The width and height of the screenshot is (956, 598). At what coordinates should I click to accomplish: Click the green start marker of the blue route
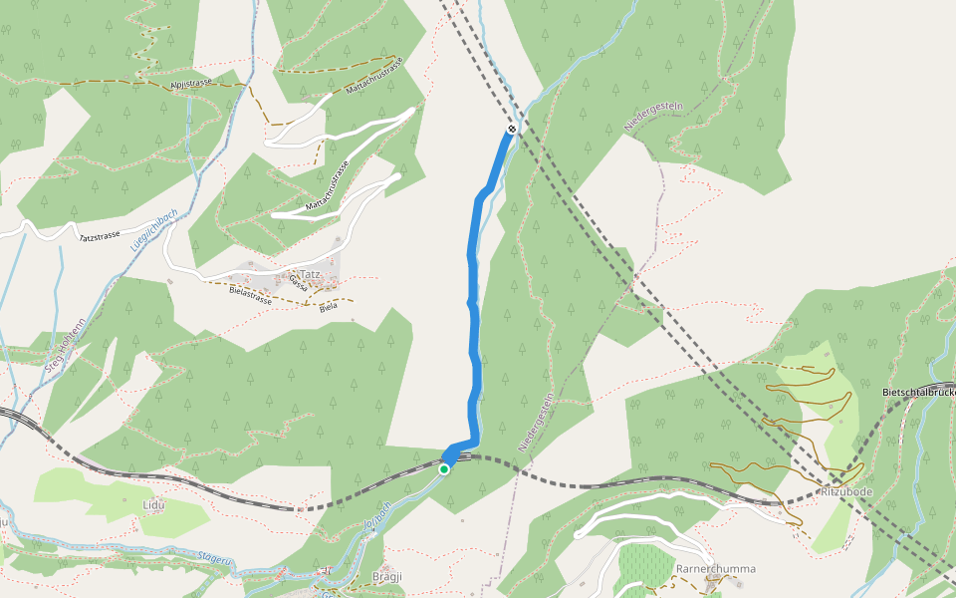(x=444, y=468)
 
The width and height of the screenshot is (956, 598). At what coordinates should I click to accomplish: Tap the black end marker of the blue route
(x=512, y=130)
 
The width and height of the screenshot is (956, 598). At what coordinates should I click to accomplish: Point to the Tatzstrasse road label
(x=100, y=236)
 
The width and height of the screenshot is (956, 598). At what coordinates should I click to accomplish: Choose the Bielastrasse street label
(x=250, y=296)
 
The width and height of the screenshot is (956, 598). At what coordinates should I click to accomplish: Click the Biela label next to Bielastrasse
(x=328, y=305)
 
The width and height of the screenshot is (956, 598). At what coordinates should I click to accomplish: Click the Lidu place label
(x=153, y=505)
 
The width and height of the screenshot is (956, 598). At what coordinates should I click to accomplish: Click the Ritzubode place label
(x=845, y=492)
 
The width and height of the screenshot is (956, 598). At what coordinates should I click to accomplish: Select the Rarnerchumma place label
(x=715, y=569)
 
